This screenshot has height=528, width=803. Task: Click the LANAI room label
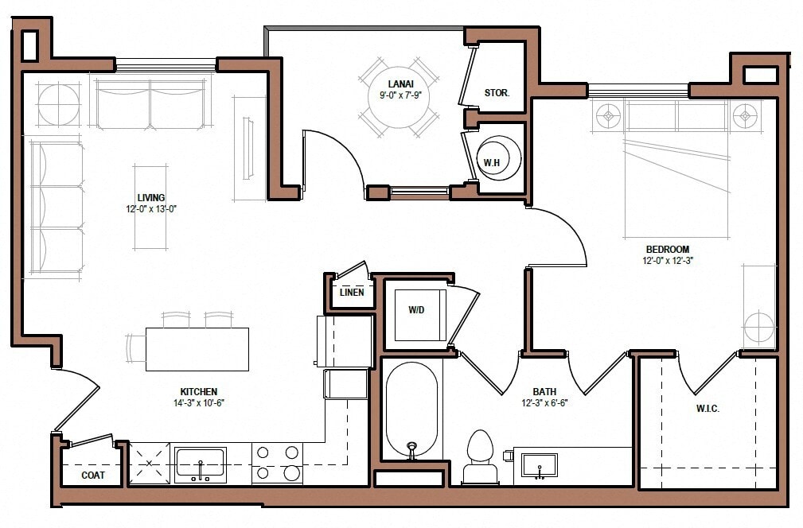(x=399, y=83)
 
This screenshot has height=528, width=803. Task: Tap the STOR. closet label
(x=497, y=93)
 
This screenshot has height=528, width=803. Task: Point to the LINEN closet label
(x=351, y=293)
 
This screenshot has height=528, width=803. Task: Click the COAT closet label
(x=94, y=476)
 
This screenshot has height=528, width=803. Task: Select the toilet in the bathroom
(x=480, y=455)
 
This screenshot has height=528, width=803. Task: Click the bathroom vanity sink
(x=540, y=464)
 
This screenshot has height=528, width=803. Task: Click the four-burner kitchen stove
(x=277, y=463)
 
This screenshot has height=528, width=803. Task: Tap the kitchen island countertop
(x=197, y=349)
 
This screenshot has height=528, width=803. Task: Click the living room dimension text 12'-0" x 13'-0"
(x=150, y=210)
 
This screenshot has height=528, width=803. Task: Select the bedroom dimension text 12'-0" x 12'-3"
(x=668, y=260)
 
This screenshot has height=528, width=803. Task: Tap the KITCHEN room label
(x=198, y=391)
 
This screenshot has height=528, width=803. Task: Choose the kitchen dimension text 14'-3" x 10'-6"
(x=198, y=402)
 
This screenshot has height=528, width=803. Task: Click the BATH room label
(x=544, y=391)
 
